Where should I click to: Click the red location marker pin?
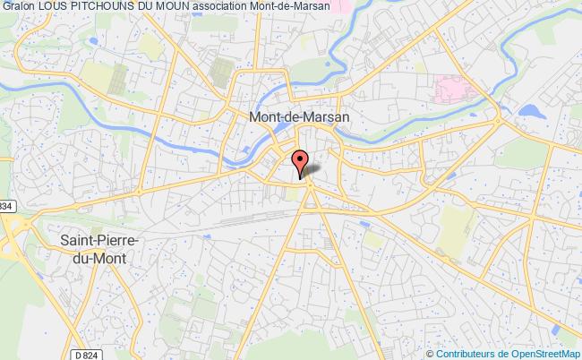click(301, 159)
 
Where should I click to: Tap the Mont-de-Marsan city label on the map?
click(297, 116)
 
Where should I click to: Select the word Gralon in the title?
click(19, 7)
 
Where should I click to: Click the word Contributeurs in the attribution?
click(461, 352)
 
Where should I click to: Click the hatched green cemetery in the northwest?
click(219, 69)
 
